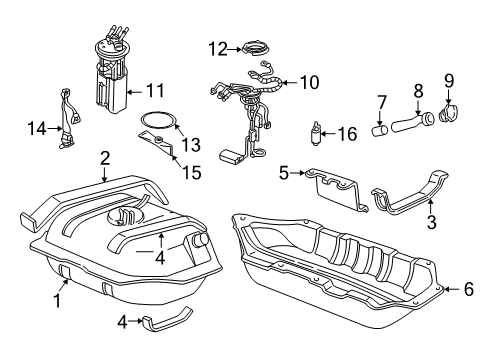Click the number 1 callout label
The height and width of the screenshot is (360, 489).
(x=57, y=298)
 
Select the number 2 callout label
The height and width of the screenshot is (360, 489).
(x=104, y=157)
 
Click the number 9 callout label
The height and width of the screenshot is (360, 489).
(x=448, y=76)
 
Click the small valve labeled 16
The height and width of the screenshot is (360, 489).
(x=317, y=131)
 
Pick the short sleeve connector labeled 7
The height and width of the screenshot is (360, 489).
(x=380, y=129)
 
